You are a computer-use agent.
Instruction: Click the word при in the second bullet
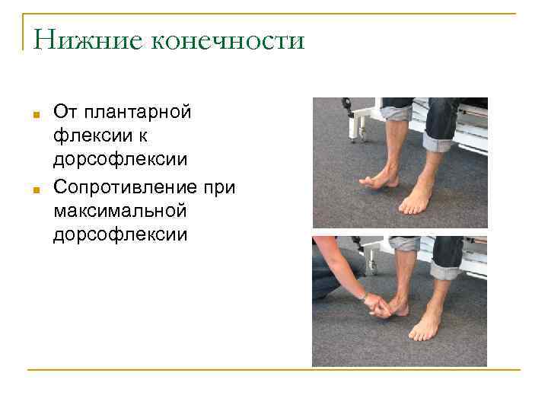click(221, 186)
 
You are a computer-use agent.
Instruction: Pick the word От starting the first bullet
click(64, 113)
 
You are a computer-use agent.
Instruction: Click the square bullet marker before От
click(36, 116)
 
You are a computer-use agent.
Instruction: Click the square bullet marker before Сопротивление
click(36, 190)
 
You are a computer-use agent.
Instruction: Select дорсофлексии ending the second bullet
click(119, 235)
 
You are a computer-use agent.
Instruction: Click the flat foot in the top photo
click(417, 201)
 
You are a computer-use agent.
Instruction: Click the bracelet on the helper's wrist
click(365, 295)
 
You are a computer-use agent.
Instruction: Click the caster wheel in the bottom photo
click(374, 267)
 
